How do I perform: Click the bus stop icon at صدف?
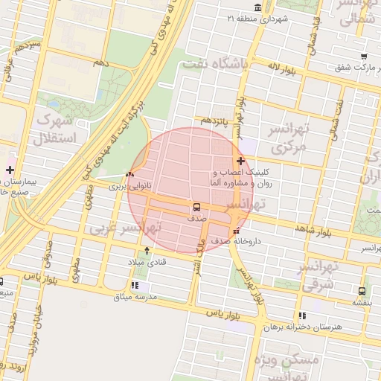coord(197,207)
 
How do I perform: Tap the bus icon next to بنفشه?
coord(362,292)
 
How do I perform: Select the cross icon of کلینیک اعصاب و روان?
coord(240,161)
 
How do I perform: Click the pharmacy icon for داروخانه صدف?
coord(236,231)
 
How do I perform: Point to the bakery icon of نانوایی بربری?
coord(130,175)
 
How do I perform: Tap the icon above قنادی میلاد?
coord(147,250)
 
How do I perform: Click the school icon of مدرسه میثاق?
coord(134,285)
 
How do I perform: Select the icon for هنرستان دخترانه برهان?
coord(301,316)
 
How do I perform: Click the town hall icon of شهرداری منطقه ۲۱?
coord(257,7)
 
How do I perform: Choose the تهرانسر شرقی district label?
coord(320,275)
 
